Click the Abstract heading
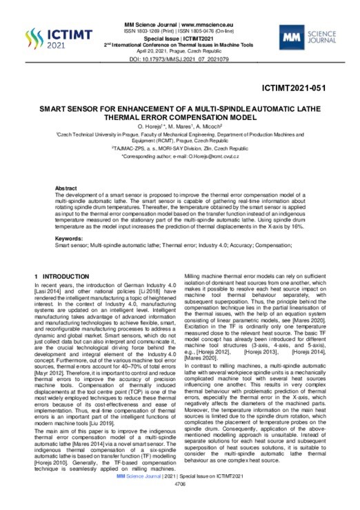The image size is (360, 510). (x=66, y=188)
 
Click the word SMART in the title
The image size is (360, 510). (x=56, y=108)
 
